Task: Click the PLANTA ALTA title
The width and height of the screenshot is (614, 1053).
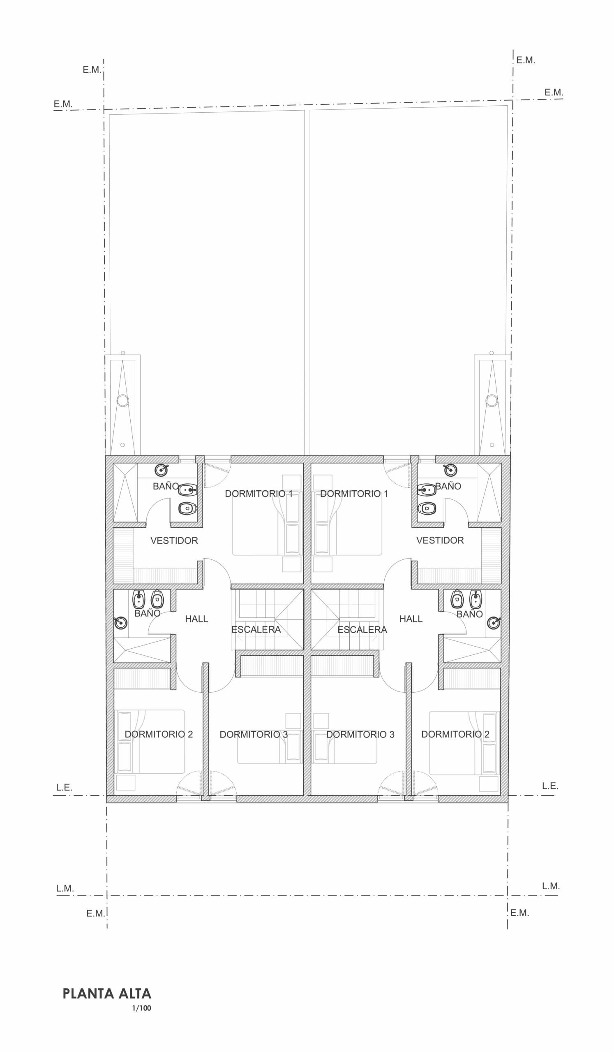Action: [107, 993]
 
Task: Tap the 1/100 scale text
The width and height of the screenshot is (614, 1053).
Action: [141, 1008]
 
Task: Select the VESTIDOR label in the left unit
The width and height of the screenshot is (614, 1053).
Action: [174, 541]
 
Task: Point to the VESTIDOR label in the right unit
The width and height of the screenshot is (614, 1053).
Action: [440, 540]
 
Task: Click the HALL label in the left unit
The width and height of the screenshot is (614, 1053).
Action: [196, 619]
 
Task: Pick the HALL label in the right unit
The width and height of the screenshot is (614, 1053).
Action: [411, 619]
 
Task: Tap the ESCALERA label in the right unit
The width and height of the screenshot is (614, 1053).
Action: [362, 630]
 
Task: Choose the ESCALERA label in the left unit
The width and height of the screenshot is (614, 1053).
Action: [256, 629]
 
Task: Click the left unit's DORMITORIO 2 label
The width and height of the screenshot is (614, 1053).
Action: [159, 734]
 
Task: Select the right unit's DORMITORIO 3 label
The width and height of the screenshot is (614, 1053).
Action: [360, 735]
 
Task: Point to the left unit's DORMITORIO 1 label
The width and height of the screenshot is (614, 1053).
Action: [259, 494]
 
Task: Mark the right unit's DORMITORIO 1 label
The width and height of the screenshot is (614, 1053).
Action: [354, 494]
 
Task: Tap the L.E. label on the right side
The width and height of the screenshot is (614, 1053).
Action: [550, 786]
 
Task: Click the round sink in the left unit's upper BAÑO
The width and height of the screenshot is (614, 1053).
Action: [161, 470]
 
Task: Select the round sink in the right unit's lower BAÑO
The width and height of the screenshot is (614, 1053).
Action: [494, 623]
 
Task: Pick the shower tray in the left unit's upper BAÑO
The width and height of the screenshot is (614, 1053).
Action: [125, 493]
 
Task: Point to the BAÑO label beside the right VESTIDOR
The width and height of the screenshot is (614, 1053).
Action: [448, 486]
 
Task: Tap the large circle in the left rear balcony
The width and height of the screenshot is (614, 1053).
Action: [123, 401]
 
